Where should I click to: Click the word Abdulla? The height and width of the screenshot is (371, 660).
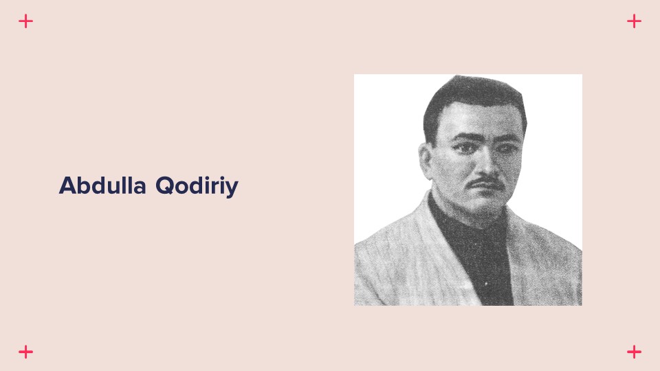(102, 185)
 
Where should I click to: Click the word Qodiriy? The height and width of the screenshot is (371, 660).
(197, 187)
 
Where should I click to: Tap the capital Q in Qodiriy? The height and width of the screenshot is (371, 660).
(164, 186)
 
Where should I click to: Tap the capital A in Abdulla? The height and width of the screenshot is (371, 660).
(67, 185)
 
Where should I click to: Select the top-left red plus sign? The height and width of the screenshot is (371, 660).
(25, 21)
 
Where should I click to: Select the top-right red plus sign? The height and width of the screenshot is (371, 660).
(634, 21)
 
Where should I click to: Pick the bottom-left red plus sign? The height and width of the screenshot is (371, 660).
(25, 352)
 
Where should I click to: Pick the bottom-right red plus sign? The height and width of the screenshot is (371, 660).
(634, 352)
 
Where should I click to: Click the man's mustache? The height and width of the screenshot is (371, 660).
(485, 183)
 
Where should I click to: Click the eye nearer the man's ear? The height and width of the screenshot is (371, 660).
(464, 148)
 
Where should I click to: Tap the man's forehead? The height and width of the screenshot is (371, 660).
(480, 119)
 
